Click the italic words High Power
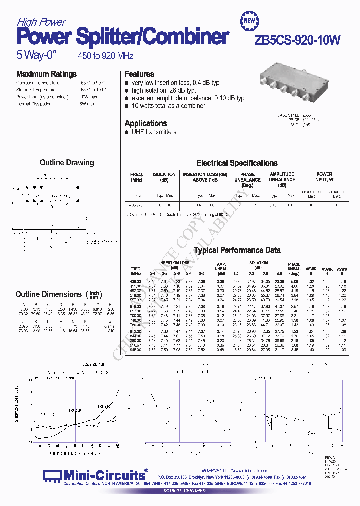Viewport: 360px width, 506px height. tap(41, 22)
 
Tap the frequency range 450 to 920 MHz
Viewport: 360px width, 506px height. tap(105, 56)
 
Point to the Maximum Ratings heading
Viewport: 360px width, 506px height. tap(46, 74)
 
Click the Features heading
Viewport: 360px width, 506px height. tap(139, 74)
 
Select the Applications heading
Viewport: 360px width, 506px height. tap(146, 123)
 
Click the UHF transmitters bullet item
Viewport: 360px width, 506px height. tap(153, 132)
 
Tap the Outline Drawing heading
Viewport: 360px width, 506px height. tap(67, 162)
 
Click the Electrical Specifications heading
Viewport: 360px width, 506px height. tap(237, 163)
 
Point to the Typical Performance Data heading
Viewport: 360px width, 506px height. tap(237, 250)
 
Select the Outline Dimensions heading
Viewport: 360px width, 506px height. tap(48, 294)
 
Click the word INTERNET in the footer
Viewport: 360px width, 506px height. tap(212, 471)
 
